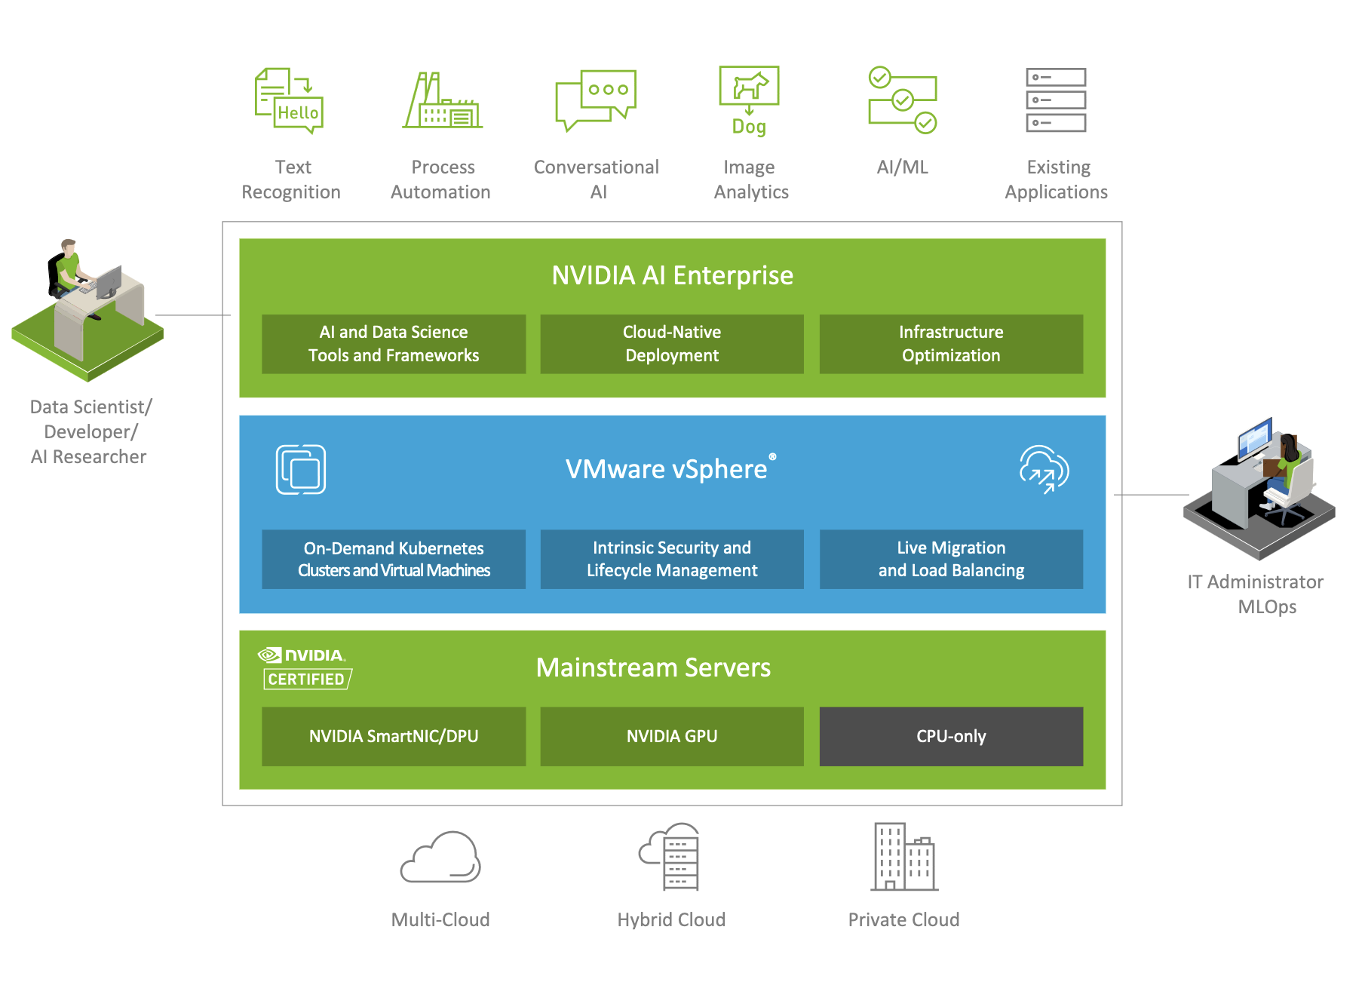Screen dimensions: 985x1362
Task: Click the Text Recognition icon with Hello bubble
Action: (290, 101)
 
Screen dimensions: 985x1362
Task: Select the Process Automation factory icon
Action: (443, 102)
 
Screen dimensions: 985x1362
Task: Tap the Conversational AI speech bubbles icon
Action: (596, 100)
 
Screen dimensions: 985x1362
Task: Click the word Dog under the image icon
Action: (749, 127)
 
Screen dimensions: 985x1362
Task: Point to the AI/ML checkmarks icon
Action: (902, 100)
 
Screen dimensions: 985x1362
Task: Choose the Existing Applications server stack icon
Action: (1056, 100)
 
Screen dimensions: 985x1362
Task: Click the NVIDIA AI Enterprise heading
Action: (672, 275)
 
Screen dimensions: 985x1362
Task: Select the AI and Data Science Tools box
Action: (394, 344)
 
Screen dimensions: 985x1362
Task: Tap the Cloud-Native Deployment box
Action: (672, 344)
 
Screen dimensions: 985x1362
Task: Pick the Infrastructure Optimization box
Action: (951, 344)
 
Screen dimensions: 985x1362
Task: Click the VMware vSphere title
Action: (667, 469)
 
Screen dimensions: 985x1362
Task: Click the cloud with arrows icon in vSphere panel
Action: (1045, 469)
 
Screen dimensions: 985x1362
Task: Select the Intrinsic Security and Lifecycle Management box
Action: (672, 559)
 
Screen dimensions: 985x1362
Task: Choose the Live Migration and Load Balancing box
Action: (951, 559)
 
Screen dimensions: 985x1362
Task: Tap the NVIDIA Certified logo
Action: (305, 668)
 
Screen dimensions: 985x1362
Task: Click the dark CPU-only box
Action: (951, 736)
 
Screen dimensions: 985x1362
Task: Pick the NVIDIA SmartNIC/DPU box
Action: (394, 736)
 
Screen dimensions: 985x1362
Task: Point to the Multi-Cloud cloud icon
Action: (440, 858)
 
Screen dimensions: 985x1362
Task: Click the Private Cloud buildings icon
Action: (903, 857)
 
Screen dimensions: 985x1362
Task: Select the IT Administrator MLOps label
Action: (1256, 594)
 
